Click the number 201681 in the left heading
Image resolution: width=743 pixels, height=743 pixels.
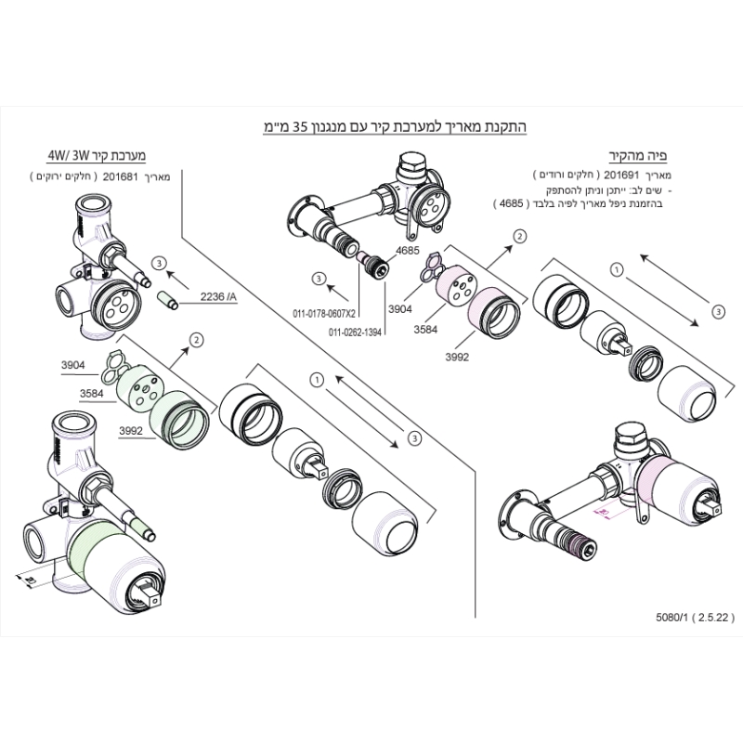[x=120, y=175]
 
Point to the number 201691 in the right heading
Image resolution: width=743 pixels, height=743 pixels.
[x=622, y=175]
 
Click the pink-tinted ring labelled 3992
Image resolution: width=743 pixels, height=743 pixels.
[x=495, y=310]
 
